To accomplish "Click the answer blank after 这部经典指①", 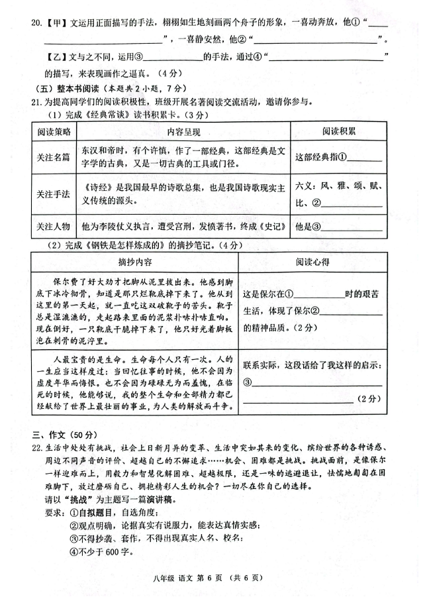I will pyautogui.click(x=361, y=157).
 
